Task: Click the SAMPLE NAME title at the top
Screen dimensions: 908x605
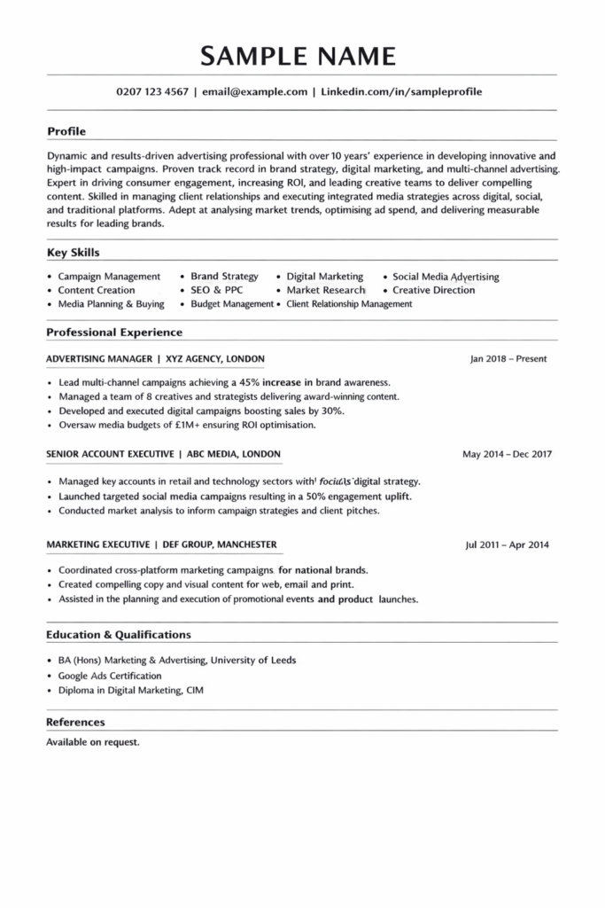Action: point(298,56)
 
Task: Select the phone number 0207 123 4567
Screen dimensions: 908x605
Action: point(152,91)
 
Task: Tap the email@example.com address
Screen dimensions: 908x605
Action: point(254,91)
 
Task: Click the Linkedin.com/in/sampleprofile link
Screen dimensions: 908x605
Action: point(401,91)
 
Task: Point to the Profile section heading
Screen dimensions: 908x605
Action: point(66,131)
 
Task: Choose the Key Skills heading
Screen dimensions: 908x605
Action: point(73,252)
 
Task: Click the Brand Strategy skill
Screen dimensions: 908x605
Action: point(224,277)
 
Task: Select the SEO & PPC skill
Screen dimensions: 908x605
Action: point(216,290)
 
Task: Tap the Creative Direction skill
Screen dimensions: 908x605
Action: point(434,290)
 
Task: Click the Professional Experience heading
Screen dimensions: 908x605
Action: point(114,333)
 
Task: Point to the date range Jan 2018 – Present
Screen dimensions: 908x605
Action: point(508,359)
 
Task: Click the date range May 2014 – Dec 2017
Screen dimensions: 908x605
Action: point(508,454)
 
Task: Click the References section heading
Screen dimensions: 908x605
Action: point(75,722)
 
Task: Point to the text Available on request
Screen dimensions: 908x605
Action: point(93,741)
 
